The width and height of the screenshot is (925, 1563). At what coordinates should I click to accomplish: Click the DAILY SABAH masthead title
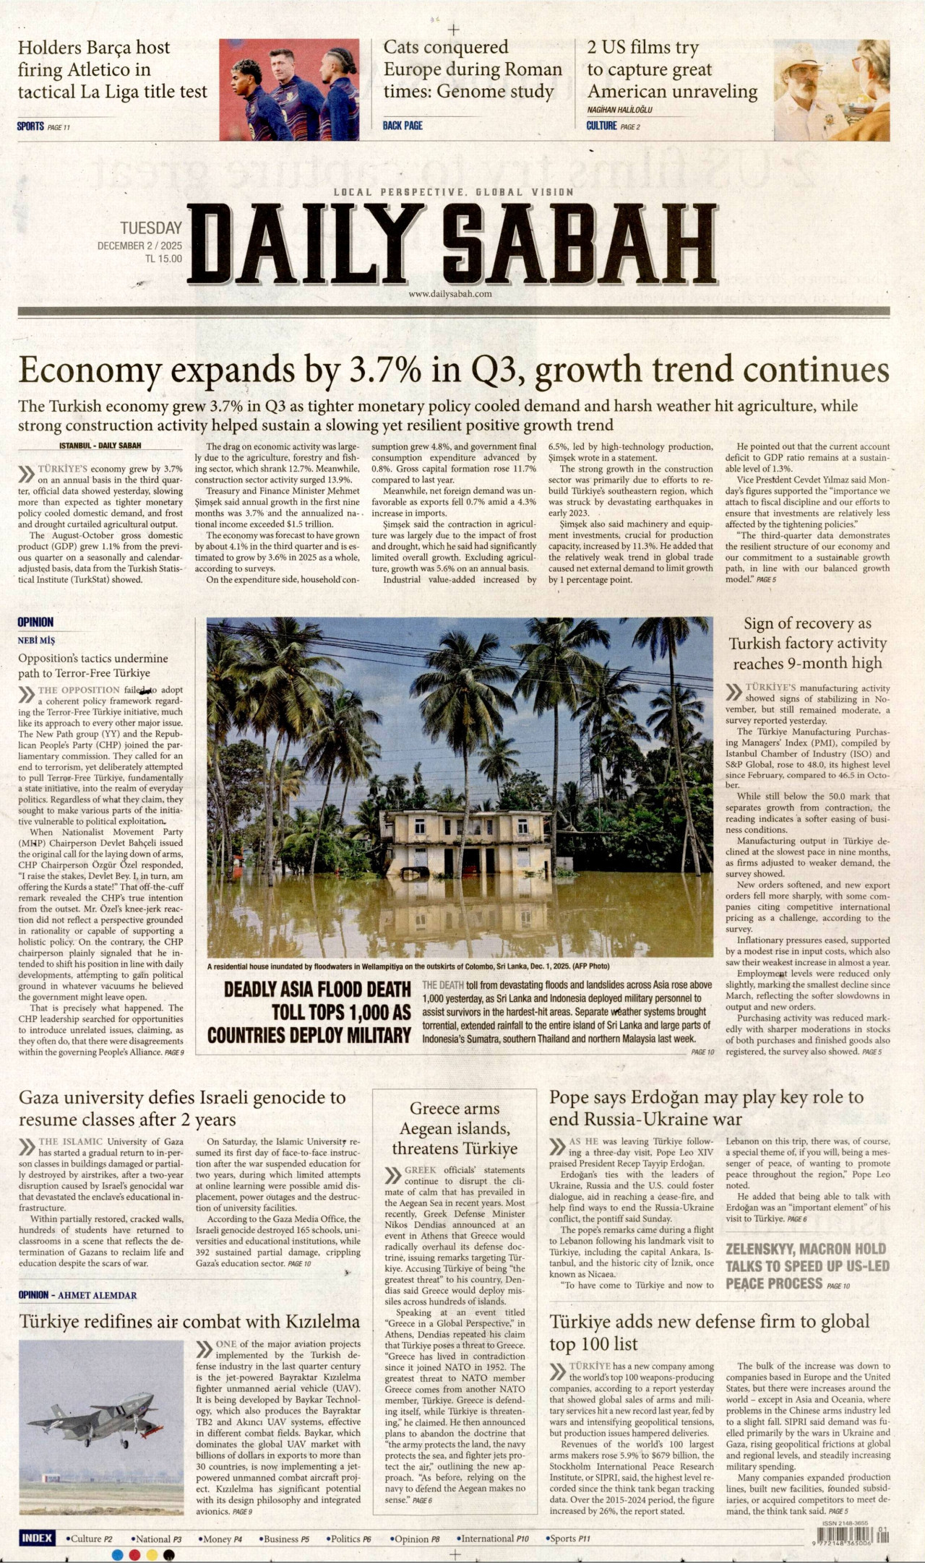[x=452, y=246]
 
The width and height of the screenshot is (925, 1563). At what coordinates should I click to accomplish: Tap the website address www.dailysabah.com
[x=449, y=294]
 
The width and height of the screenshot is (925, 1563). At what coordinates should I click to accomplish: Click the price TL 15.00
[x=163, y=259]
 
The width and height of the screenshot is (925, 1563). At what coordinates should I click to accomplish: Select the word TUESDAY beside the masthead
[x=151, y=229]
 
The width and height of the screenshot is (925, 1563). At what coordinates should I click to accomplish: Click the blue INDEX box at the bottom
[x=37, y=1538]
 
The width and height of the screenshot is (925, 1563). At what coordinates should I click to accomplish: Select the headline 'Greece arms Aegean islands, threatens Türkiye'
[x=455, y=1128]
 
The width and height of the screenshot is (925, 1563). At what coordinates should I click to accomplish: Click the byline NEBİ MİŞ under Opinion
[x=36, y=641]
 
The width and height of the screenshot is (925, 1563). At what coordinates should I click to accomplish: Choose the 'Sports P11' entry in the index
[x=569, y=1539]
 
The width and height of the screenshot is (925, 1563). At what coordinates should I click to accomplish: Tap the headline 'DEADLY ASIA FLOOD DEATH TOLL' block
[x=309, y=1012]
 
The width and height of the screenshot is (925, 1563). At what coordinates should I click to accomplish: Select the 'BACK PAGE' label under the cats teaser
[x=403, y=126]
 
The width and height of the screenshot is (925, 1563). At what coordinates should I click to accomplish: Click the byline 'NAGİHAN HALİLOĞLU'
[x=619, y=110]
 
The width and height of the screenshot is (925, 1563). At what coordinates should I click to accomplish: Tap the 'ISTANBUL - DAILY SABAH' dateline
[x=100, y=446]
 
